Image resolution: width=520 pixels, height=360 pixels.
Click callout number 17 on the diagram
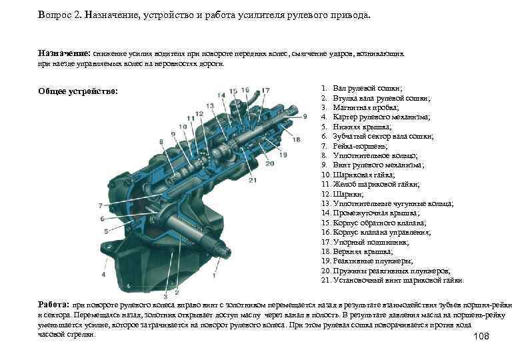(x=266, y=90)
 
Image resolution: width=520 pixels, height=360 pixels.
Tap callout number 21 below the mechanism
(x=253, y=180)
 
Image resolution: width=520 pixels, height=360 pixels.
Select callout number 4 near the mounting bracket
(x=103, y=274)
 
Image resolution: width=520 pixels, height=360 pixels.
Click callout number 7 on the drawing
(x=101, y=205)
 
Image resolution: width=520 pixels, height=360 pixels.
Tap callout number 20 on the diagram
(x=270, y=163)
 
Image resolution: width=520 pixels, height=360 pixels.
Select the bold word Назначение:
(x=63, y=51)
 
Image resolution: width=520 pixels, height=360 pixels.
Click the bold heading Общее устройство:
(x=78, y=91)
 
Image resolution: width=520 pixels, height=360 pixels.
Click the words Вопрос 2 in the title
(x=60, y=15)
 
